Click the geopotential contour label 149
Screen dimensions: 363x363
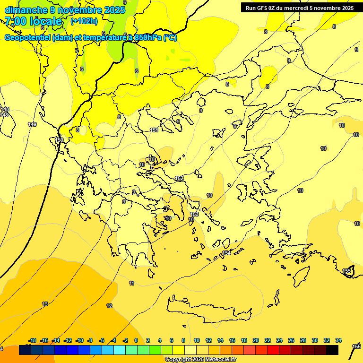coord(32,124)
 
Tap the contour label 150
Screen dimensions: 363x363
coord(59,140)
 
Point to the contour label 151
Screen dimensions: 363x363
coord(154,130)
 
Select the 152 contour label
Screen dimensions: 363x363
coord(179,178)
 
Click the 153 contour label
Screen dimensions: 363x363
coord(194,214)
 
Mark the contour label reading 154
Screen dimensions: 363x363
coord(226,253)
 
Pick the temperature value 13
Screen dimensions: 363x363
coord(45,304)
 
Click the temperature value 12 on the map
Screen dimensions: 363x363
coord(110,306)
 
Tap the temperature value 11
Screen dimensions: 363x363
coord(131,283)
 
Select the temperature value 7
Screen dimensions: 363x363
coord(77,51)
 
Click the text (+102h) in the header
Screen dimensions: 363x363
coord(84,21)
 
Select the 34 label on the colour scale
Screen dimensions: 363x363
coord(338,340)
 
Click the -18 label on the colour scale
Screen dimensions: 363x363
coord(33,340)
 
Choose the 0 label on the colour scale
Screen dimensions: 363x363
coord(136,340)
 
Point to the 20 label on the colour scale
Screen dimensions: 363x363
coord(256,340)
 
